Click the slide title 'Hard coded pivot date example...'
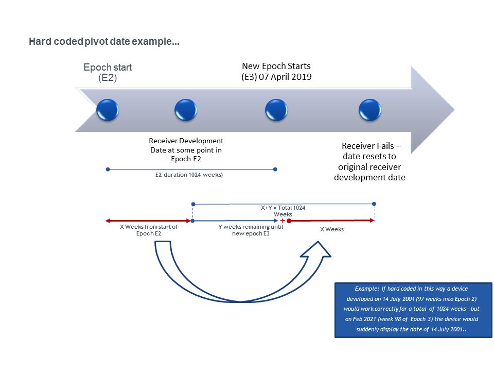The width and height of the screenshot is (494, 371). [x=104, y=42]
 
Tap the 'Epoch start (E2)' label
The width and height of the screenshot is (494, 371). [x=108, y=73]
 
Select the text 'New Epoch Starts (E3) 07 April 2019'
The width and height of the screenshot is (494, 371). [x=276, y=72]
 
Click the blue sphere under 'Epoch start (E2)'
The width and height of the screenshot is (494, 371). [x=108, y=110]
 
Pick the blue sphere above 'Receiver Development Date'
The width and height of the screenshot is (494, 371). [x=186, y=110]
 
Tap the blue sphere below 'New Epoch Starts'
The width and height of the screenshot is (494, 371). [x=276, y=110]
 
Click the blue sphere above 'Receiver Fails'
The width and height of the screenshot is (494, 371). [x=369, y=110]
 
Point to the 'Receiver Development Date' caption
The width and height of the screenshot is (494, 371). [x=186, y=150]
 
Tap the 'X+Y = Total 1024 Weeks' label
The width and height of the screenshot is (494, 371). [x=283, y=211]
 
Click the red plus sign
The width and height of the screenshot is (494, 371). [x=283, y=221]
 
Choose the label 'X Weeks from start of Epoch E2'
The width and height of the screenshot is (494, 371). [x=148, y=230]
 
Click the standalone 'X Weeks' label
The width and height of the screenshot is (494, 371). [x=331, y=229]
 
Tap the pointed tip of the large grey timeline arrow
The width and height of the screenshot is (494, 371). [x=453, y=110]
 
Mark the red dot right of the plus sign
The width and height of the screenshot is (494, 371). [x=289, y=221]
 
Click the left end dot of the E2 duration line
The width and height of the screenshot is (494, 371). [x=107, y=169]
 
